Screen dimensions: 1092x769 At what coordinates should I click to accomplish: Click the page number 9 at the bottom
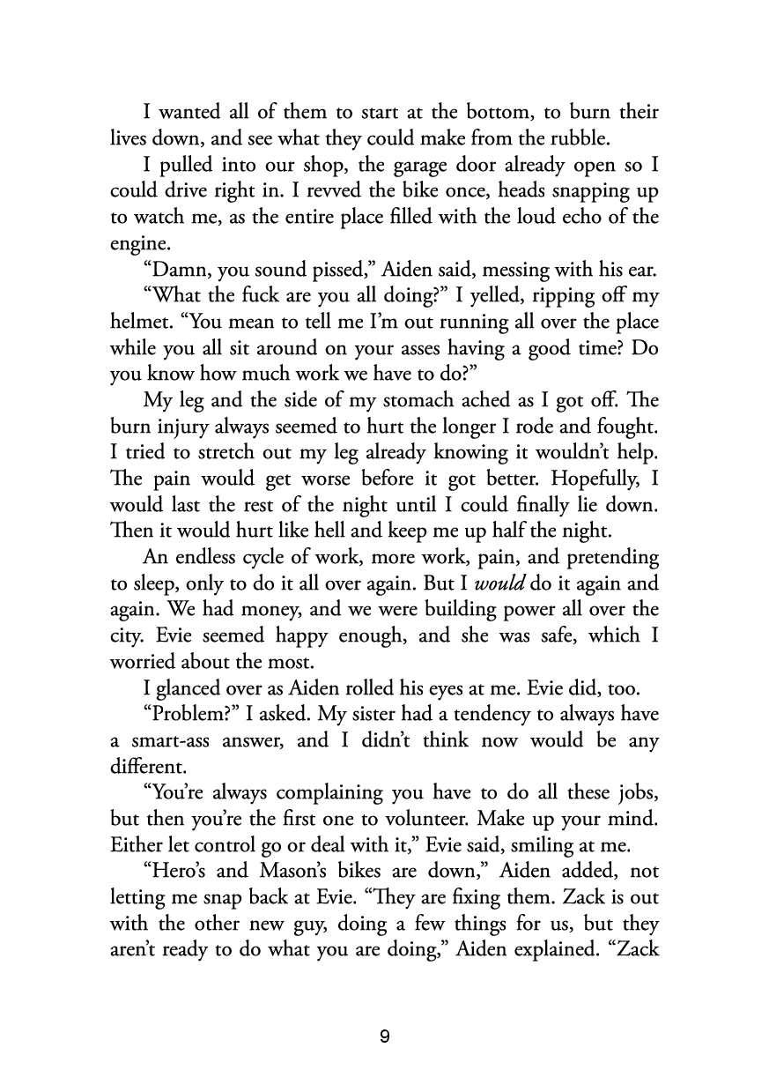(384, 1036)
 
